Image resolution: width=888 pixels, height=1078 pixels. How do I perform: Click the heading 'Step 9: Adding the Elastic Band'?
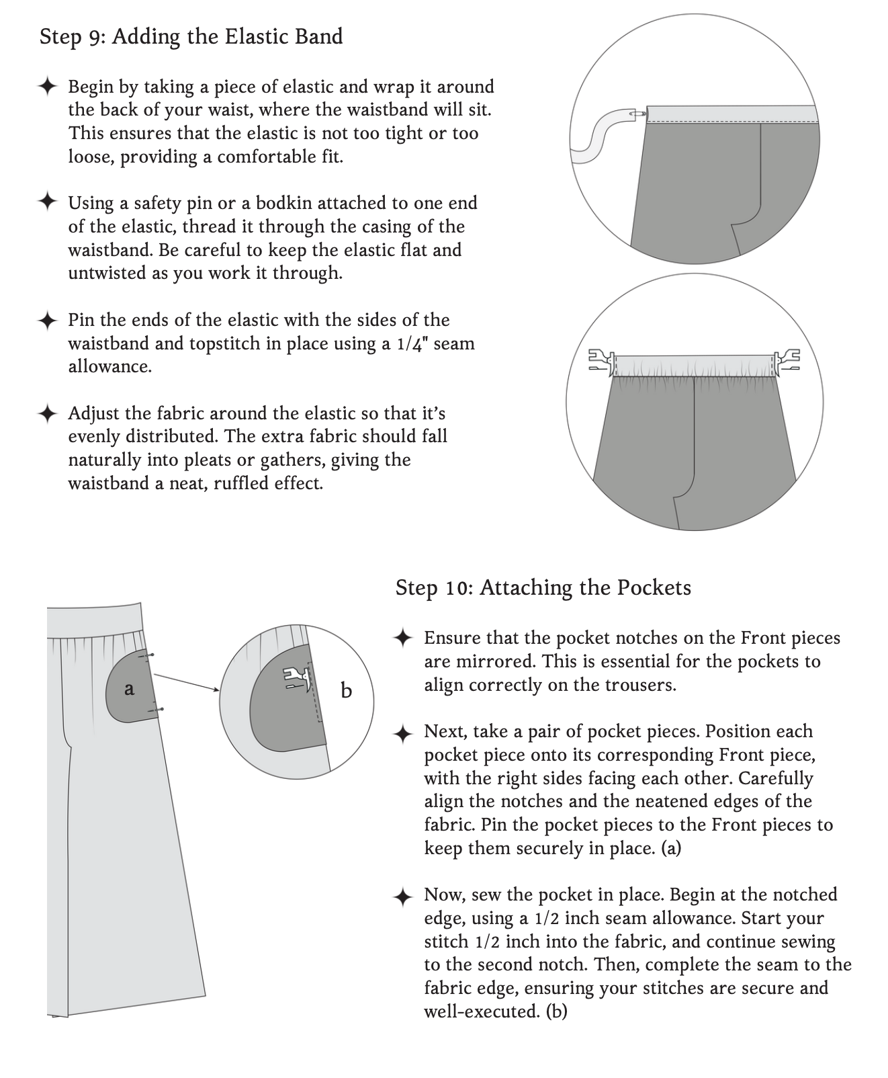pyautogui.click(x=191, y=36)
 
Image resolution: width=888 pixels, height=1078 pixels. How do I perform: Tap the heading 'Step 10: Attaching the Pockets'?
pyautogui.click(x=543, y=588)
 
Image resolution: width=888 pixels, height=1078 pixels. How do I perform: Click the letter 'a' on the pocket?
pyautogui.click(x=130, y=688)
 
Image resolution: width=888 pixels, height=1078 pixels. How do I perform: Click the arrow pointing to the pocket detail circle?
pyautogui.click(x=187, y=681)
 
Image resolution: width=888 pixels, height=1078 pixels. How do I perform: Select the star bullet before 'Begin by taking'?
pyautogui.click(x=47, y=87)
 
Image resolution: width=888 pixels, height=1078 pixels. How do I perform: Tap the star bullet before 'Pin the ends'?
pyautogui.click(x=47, y=320)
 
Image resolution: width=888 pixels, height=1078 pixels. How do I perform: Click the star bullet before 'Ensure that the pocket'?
pyautogui.click(x=403, y=638)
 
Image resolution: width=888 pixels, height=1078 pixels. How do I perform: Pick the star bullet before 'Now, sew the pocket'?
pyautogui.click(x=403, y=896)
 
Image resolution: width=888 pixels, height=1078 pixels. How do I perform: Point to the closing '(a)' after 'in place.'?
pyautogui.click(x=672, y=849)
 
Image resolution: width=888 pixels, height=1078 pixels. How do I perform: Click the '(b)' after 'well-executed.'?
pyautogui.click(x=557, y=1011)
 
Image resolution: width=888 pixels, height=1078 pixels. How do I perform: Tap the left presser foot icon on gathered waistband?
pyautogui.click(x=603, y=360)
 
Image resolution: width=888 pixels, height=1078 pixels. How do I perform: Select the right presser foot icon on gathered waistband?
pyautogui.click(x=787, y=360)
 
